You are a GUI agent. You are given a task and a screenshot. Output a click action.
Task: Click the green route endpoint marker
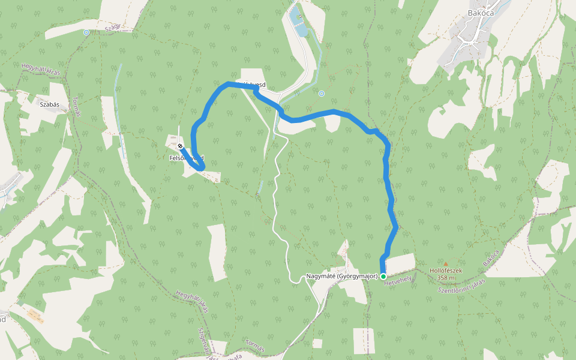(x=383, y=276)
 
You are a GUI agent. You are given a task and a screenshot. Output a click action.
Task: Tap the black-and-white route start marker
(x=180, y=146)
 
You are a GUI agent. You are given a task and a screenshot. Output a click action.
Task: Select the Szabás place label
(x=49, y=104)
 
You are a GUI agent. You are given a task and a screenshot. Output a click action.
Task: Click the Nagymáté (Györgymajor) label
(x=341, y=277)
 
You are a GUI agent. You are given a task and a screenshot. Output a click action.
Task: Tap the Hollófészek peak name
(x=446, y=271)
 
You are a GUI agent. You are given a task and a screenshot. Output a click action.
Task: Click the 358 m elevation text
(x=446, y=278)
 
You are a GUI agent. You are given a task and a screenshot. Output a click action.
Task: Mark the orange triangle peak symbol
(x=446, y=263)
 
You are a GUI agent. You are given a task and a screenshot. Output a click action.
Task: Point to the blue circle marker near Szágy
(x=86, y=32)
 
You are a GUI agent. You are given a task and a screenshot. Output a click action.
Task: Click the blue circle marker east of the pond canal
(x=322, y=94)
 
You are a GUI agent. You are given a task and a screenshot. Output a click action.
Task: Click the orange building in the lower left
(x=35, y=316)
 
